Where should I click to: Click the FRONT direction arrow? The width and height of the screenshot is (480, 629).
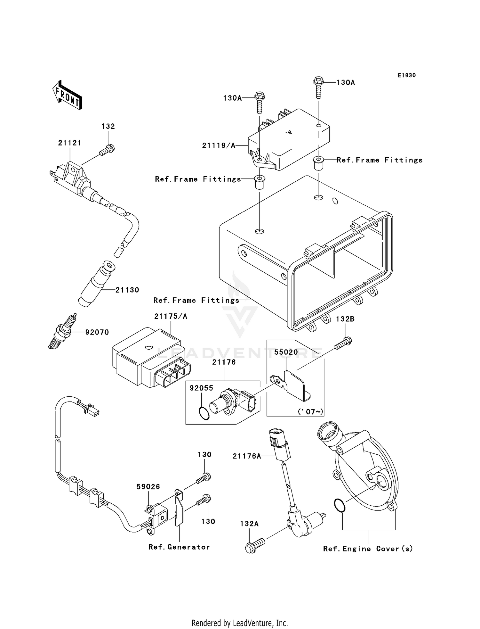67,95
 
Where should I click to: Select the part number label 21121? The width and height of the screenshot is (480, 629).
69,143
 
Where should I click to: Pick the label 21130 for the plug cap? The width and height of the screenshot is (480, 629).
127,290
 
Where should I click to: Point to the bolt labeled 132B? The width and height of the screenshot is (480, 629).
343,343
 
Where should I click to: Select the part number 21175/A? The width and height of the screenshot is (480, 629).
171,316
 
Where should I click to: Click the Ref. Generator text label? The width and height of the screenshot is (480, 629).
179,547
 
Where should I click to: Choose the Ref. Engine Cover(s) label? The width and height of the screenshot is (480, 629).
368,549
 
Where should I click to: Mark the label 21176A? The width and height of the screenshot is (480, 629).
247,456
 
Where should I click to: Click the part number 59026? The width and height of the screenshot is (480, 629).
148,486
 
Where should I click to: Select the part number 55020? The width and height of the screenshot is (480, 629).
286,352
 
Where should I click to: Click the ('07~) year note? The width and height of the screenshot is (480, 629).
310,411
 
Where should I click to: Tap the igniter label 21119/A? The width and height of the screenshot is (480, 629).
219,146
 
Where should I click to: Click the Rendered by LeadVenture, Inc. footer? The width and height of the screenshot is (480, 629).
240,623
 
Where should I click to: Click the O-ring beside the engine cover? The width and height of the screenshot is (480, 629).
340,505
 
